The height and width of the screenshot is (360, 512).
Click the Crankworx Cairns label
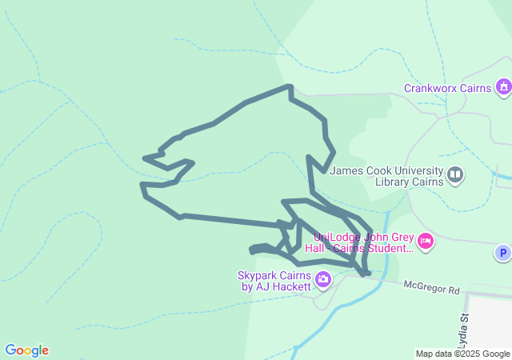pyautogui.click(x=446, y=88)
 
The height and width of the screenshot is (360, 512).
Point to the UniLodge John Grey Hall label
pyautogui.click(x=364, y=242)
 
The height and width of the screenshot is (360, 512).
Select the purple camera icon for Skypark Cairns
pyautogui.click(x=323, y=279)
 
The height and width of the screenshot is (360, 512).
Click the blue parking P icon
pyautogui.click(x=502, y=254)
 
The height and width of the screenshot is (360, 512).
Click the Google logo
pyautogui.click(x=26, y=350)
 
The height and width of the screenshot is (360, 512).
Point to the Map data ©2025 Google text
pyautogui.click(x=462, y=354)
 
